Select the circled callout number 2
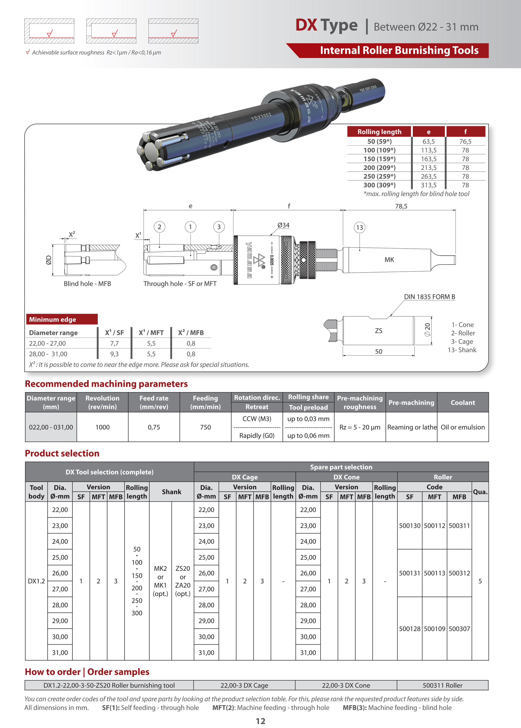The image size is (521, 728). pyautogui.click(x=159, y=227)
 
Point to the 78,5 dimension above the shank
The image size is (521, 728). pyautogui.click(x=401, y=206)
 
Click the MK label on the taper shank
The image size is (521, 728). pyautogui.click(x=389, y=260)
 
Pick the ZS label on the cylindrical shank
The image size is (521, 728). pyautogui.click(x=379, y=331)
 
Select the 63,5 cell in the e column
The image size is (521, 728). pyautogui.click(x=428, y=141)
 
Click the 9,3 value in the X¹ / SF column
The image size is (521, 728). pyautogui.click(x=114, y=354)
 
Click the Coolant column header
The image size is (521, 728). pyautogui.click(x=463, y=402)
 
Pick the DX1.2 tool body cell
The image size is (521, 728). pyautogui.click(x=36, y=581)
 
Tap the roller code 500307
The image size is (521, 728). pyautogui.click(x=459, y=629)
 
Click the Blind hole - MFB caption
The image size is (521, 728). pyautogui.click(x=87, y=284)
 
